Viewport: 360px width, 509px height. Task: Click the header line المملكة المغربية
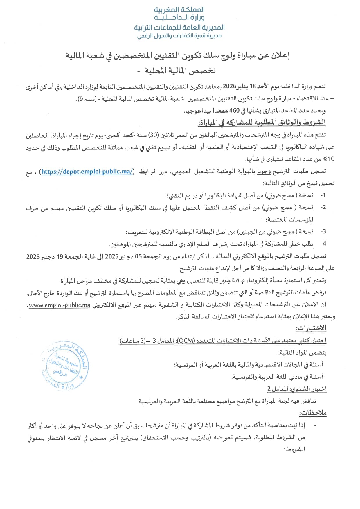[x=179, y=10]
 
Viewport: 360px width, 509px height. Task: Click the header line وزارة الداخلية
[x=179, y=18]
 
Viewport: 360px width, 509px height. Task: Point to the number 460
[x=234, y=111]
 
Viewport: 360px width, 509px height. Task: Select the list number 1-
[x=323, y=195]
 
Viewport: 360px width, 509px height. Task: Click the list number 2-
[x=323, y=208]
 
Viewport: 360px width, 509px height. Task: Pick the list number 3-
[x=323, y=232]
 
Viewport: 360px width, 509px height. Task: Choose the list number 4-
[x=323, y=244]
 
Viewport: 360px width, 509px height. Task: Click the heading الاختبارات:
[x=311, y=328]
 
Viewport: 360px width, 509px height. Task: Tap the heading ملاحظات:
[x=313, y=413]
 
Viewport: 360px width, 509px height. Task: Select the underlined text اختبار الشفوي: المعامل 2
[x=297, y=389]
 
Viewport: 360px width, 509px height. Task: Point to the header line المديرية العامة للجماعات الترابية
[x=179, y=28]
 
